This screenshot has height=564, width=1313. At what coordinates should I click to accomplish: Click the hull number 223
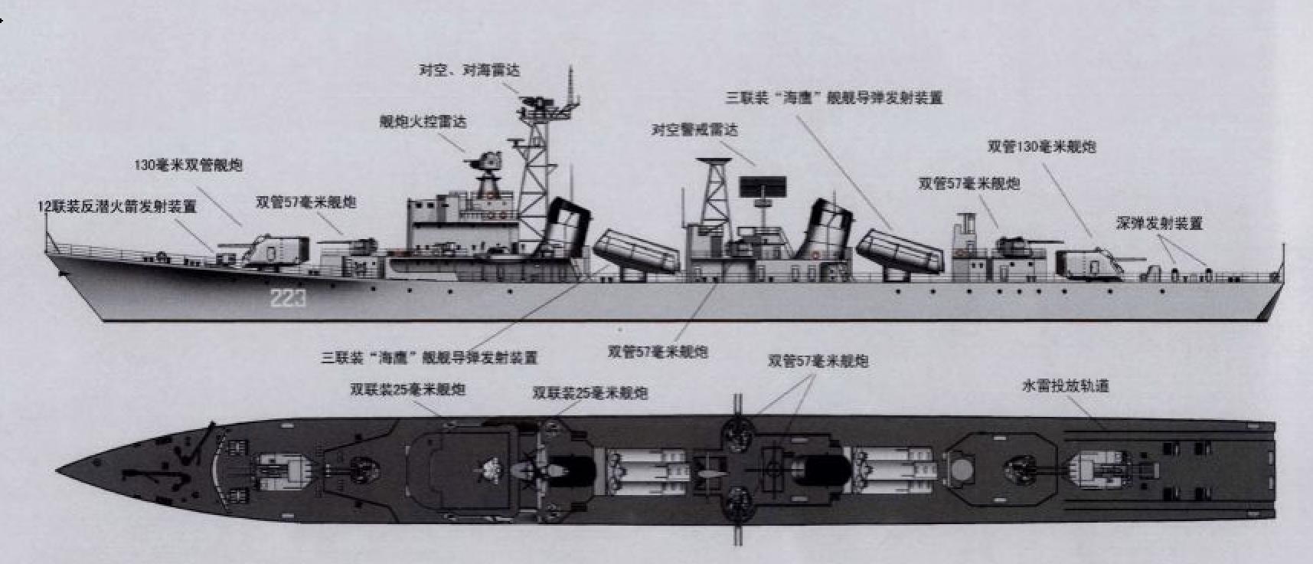pyautogui.click(x=287, y=298)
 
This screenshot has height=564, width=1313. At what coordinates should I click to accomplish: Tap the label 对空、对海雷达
pyautogui.click(x=469, y=70)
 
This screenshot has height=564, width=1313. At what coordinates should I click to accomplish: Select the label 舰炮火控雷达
pyautogui.click(x=423, y=122)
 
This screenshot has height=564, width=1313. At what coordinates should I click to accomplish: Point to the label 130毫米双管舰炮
pyautogui.click(x=188, y=166)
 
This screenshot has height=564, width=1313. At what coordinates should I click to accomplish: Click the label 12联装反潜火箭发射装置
pyautogui.click(x=117, y=207)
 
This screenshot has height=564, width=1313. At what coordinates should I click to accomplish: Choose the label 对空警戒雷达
pyautogui.click(x=694, y=130)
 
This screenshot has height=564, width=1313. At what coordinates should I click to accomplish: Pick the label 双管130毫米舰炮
pyautogui.click(x=1041, y=147)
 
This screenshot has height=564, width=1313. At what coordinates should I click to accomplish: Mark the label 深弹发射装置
pyautogui.click(x=1159, y=224)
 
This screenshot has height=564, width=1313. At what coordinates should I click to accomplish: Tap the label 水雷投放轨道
pyautogui.click(x=1066, y=386)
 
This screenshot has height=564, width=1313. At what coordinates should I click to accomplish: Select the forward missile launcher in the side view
pyautogui.click(x=635, y=251)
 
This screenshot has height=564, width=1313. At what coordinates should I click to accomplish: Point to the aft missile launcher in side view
pyautogui.click(x=899, y=252)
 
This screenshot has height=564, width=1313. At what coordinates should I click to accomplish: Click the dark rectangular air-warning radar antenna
pyautogui.click(x=763, y=186)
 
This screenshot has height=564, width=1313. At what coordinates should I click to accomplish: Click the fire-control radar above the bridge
pyautogui.click(x=485, y=162)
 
